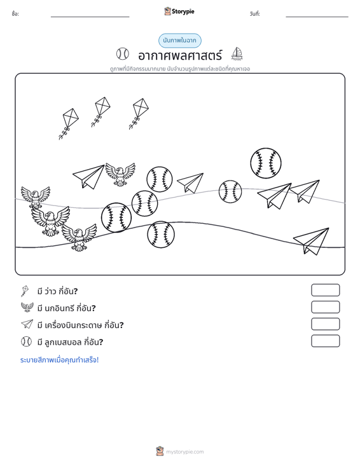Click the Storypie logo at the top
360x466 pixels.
(x=179, y=11)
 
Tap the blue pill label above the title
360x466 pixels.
(x=180, y=41)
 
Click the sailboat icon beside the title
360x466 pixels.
(x=237, y=54)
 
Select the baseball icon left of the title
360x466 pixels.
(x=123, y=54)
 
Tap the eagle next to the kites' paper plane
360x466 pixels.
(x=120, y=174)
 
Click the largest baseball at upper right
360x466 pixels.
(x=266, y=163)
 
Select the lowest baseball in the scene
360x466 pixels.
(x=161, y=234)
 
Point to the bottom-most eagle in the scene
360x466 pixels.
(x=80, y=237)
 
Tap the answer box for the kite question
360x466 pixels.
(x=325, y=290)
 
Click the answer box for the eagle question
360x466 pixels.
(x=325, y=307)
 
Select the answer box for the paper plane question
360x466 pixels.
(x=325, y=324)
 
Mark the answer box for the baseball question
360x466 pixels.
(x=325, y=341)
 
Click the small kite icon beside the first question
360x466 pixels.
(x=25, y=291)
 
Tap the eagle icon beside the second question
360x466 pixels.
(x=27, y=307)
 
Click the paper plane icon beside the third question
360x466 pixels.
(x=27, y=324)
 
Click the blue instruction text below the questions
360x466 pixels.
(x=59, y=360)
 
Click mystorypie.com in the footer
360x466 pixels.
(x=184, y=452)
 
